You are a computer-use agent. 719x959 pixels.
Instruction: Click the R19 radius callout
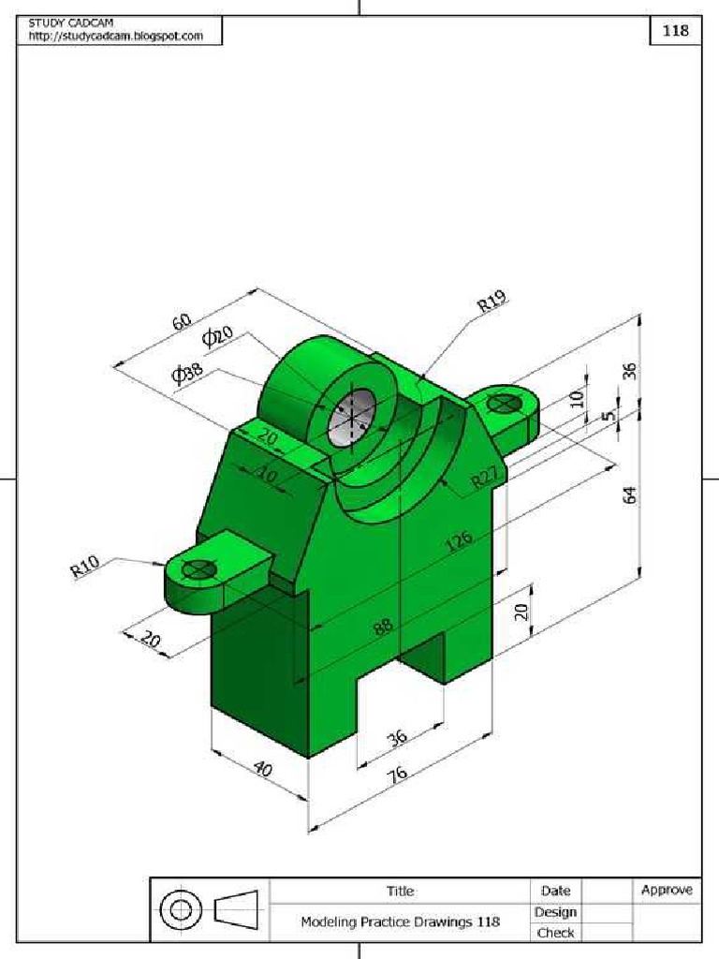click(492, 302)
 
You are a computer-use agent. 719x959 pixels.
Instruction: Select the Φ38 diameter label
click(186, 373)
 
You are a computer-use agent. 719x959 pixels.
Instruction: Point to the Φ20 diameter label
click(217, 337)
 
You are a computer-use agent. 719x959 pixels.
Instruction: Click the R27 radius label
click(485, 479)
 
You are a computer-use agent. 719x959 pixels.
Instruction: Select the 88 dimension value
click(383, 626)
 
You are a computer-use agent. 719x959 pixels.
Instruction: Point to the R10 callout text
click(84, 568)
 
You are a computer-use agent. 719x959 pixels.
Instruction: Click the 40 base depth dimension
click(263, 770)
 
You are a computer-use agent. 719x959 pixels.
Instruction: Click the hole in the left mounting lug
click(199, 568)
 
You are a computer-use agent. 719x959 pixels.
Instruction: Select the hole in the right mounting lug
click(506, 403)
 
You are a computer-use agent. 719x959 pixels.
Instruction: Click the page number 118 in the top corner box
click(675, 30)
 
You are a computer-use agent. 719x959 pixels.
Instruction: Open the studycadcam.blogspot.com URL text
click(116, 36)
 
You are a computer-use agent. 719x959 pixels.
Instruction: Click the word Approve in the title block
click(667, 890)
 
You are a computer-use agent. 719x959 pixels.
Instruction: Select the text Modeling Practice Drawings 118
click(400, 922)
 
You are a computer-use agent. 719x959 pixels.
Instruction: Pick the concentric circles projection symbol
click(181, 909)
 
